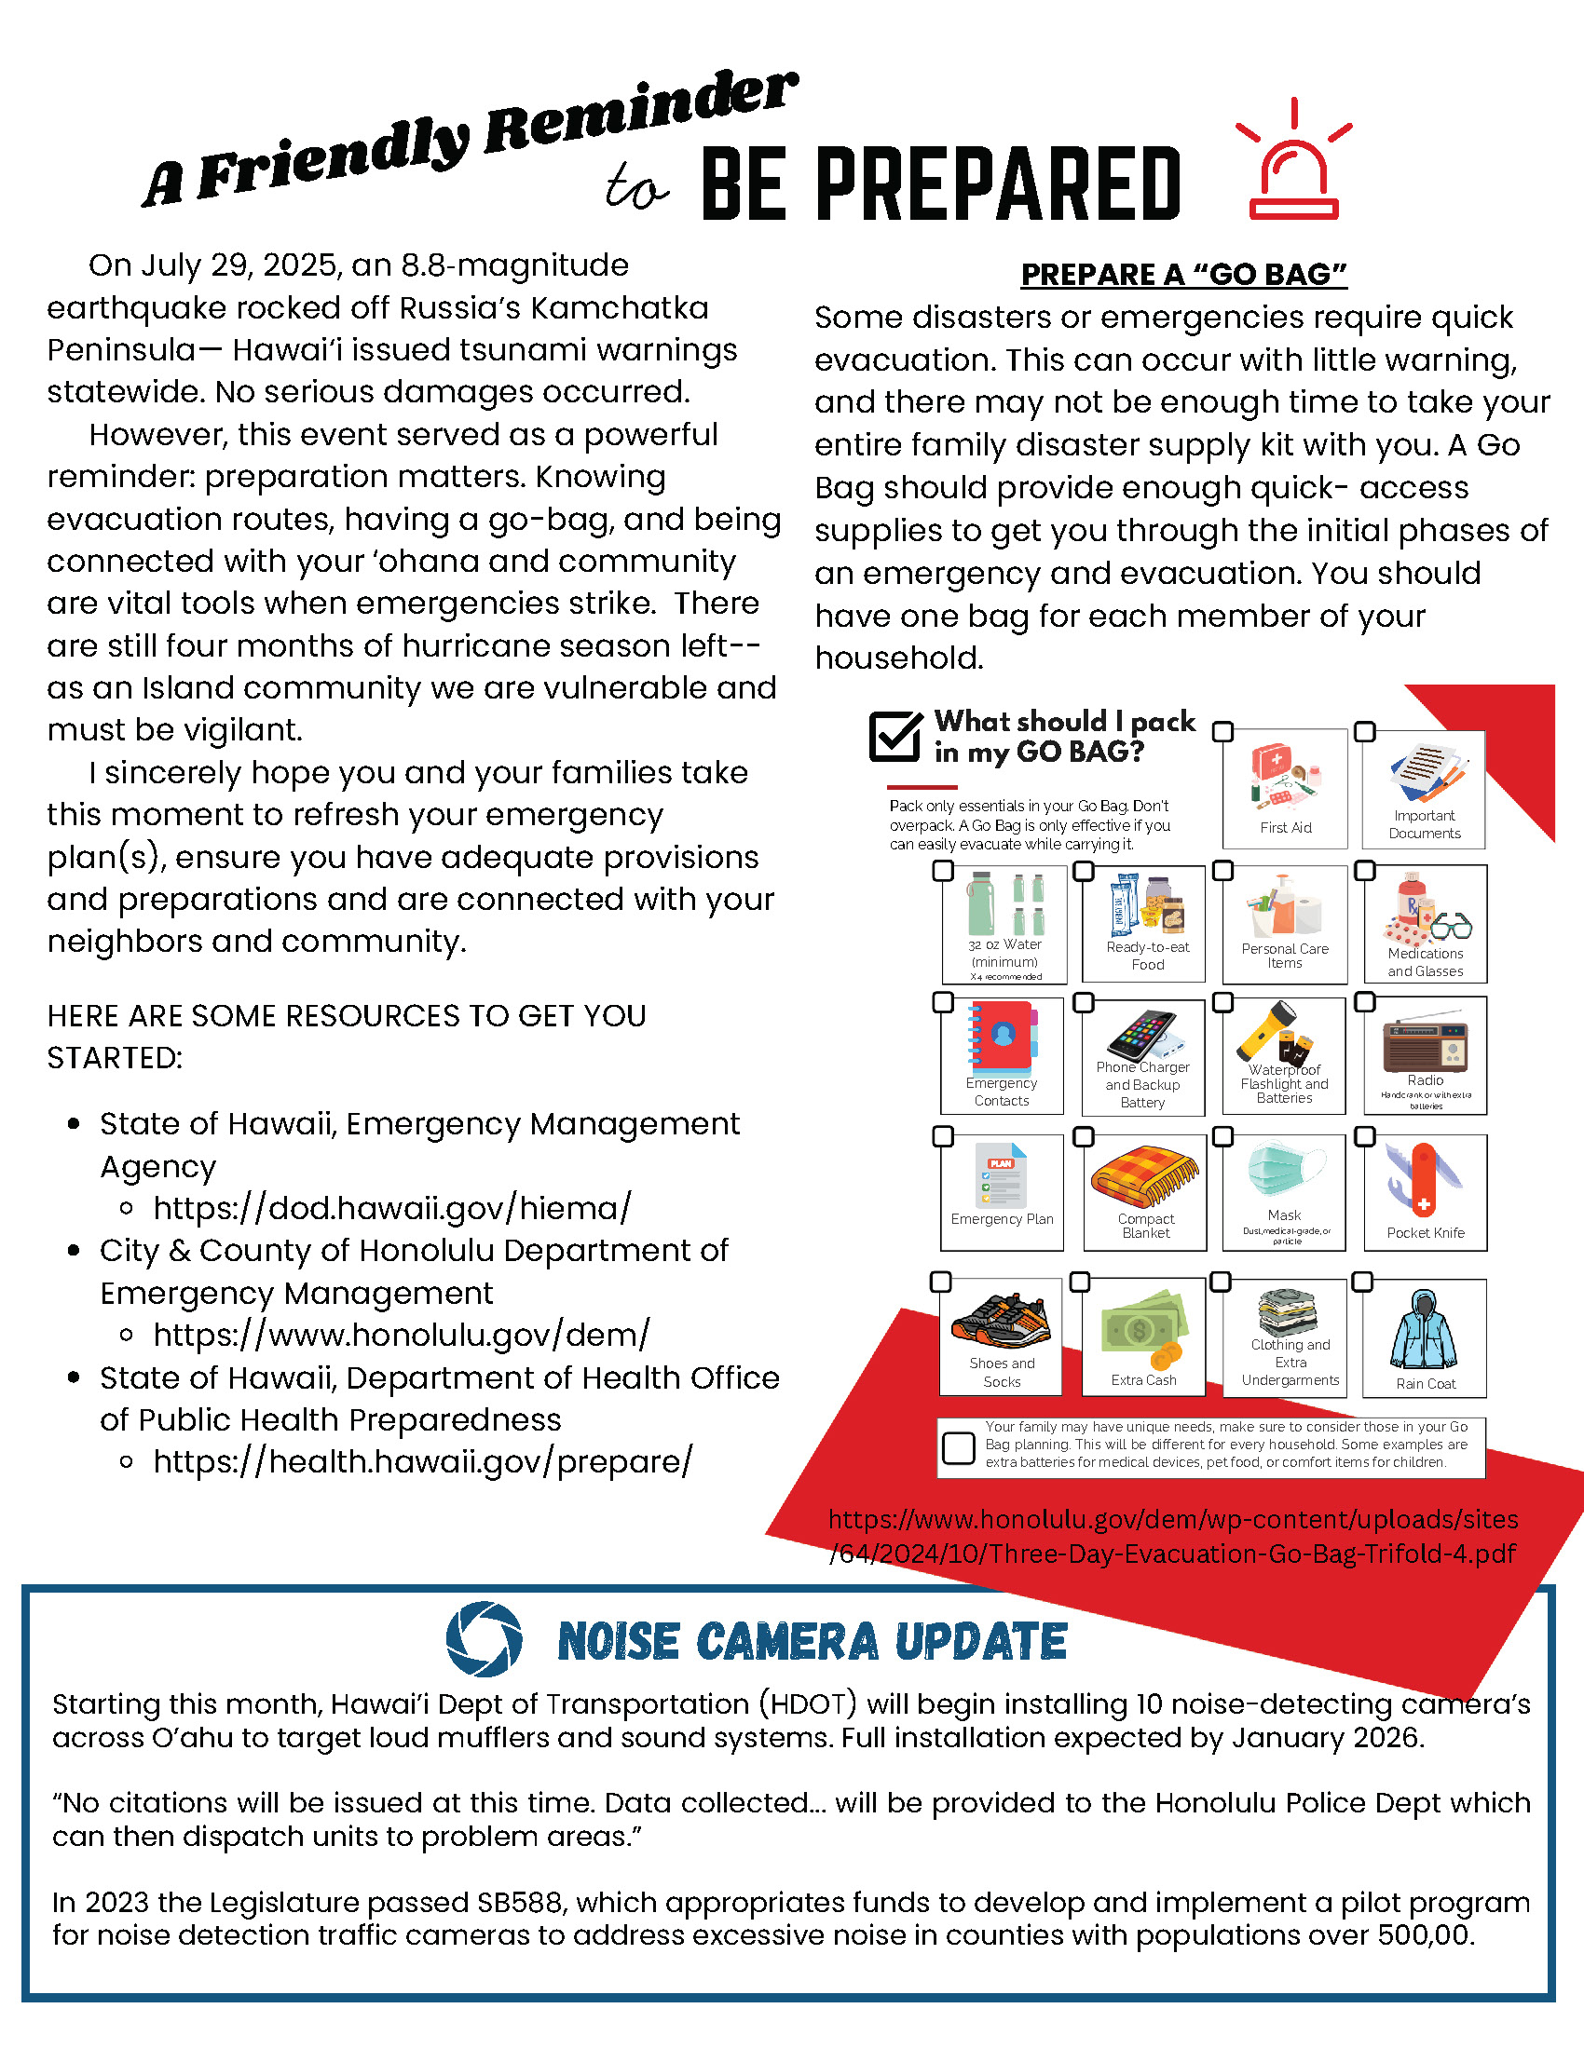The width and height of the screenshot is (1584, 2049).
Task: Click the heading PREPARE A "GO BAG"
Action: click(x=1183, y=275)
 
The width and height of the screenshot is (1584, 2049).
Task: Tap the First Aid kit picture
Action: click(x=1285, y=776)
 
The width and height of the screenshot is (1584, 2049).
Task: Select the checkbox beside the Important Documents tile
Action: click(x=1365, y=732)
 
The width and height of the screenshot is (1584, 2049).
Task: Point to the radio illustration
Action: click(x=1425, y=1043)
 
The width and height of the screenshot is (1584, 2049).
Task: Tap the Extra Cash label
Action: click(x=1143, y=1380)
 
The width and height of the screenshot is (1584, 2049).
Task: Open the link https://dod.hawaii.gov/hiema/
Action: click(x=392, y=1208)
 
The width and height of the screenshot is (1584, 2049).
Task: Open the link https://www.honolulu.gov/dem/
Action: click(x=401, y=1335)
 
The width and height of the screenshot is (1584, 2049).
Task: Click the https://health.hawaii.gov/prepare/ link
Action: click(x=422, y=1461)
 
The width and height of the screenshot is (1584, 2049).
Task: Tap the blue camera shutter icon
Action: click(x=485, y=1639)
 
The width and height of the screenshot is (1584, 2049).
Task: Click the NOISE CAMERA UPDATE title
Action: click(x=812, y=1642)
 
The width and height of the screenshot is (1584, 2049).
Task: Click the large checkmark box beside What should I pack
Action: click(x=895, y=737)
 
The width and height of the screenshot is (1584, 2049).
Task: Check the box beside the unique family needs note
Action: click(x=958, y=1447)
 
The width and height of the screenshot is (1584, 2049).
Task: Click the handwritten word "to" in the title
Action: click(x=635, y=186)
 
